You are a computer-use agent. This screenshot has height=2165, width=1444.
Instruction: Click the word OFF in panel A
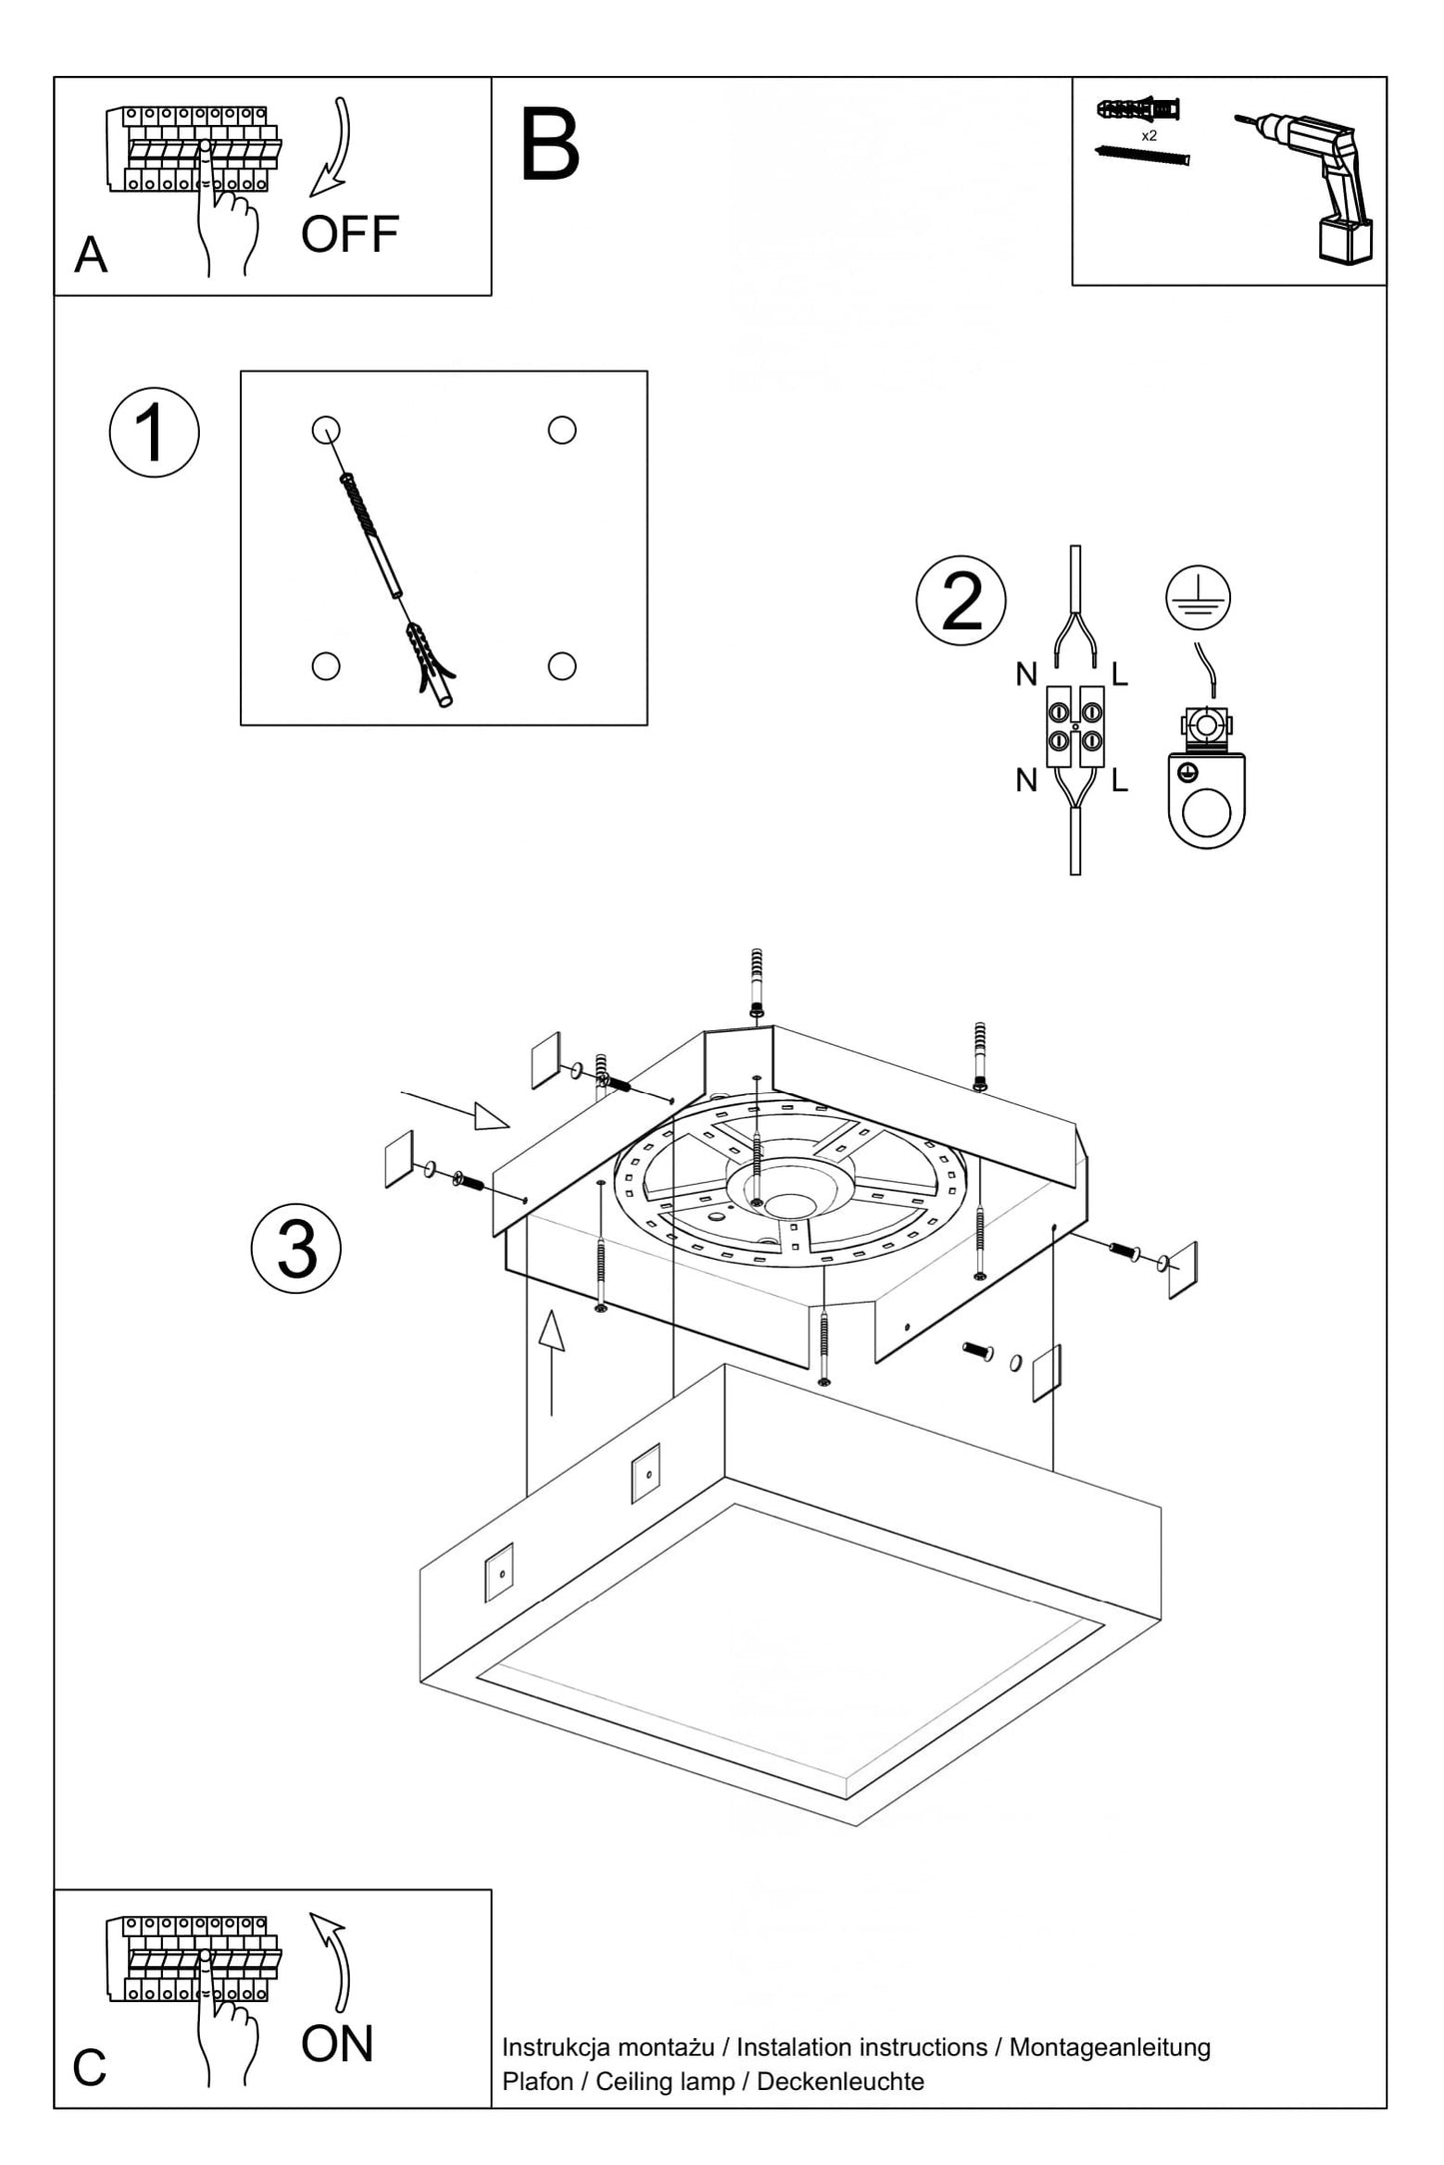[x=350, y=235]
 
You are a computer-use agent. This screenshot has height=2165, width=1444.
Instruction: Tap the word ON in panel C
[x=337, y=2044]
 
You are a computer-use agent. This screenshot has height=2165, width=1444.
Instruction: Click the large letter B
[x=550, y=146]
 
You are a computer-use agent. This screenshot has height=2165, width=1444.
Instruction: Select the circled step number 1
[x=154, y=433]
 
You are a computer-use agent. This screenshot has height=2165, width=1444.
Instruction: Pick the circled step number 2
[x=961, y=600]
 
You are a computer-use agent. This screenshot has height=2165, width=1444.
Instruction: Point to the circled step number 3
[x=296, y=1249]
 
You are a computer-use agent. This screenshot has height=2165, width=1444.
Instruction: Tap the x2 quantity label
[x=1149, y=135]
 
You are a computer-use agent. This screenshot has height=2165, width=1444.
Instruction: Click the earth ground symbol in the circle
[x=1197, y=597]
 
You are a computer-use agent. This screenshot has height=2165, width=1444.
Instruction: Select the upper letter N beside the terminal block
[x=1026, y=675]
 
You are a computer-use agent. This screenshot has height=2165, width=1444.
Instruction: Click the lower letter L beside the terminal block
[x=1119, y=780]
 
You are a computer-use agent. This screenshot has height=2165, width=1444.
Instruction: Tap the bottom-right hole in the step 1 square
[x=562, y=665]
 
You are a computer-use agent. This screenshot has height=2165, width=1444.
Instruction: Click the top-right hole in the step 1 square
[x=562, y=430]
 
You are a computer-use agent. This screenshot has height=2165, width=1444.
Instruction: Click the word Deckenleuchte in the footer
[x=840, y=2081]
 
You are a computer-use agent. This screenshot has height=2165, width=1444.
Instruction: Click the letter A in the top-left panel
[x=90, y=256]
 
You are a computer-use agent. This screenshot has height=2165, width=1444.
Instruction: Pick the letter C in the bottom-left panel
[x=89, y=2068]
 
